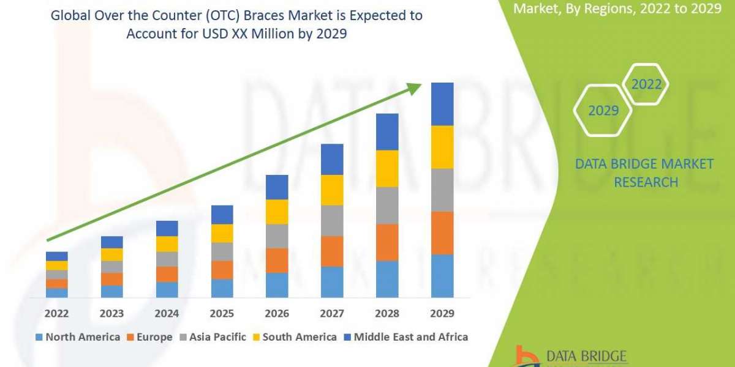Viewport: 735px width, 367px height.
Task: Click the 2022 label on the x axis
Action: coord(56,314)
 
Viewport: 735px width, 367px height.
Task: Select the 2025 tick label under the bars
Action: coord(222,314)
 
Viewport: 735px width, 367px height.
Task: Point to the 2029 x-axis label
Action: coord(442,314)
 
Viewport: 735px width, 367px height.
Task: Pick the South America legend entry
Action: coord(294,337)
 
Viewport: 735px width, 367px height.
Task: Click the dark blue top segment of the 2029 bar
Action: coord(442,104)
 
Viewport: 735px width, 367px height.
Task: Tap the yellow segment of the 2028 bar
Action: coord(387,168)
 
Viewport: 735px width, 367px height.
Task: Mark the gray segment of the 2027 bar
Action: coord(332,220)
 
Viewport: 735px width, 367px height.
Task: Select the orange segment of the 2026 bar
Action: coord(277,260)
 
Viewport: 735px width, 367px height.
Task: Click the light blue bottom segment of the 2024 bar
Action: coord(167,289)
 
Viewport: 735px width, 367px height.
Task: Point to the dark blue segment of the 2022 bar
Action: coord(56,256)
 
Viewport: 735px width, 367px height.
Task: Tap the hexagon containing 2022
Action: coord(646,84)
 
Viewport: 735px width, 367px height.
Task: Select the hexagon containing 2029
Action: coord(603,111)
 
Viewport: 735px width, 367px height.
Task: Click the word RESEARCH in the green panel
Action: coord(646,182)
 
